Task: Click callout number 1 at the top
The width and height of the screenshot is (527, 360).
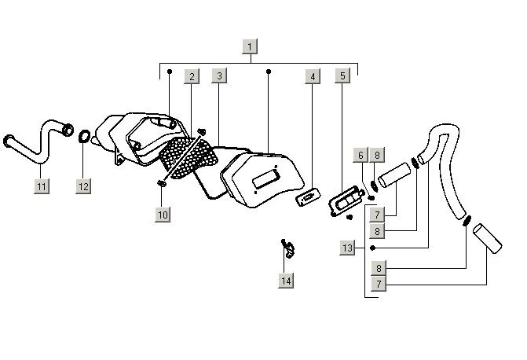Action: pyautogui.click(x=250, y=46)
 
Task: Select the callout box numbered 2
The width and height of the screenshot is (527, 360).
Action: pyautogui.click(x=191, y=76)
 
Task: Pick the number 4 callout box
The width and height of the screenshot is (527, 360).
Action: pyautogui.click(x=313, y=76)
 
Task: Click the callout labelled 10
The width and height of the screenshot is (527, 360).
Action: pyautogui.click(x=163, y=214)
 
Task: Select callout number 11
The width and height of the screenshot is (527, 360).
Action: pyautogui.click(x=42, y=186)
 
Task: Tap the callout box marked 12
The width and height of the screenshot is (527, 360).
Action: pyautogui.click(x=83, y=186)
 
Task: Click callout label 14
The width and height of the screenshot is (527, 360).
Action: pyautogui.click(x=286, y=280)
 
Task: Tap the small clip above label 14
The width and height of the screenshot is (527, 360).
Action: pyautogui.click(x=288, y=248)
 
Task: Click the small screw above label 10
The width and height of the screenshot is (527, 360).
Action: pyautogui.click(x=162, y=184)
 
